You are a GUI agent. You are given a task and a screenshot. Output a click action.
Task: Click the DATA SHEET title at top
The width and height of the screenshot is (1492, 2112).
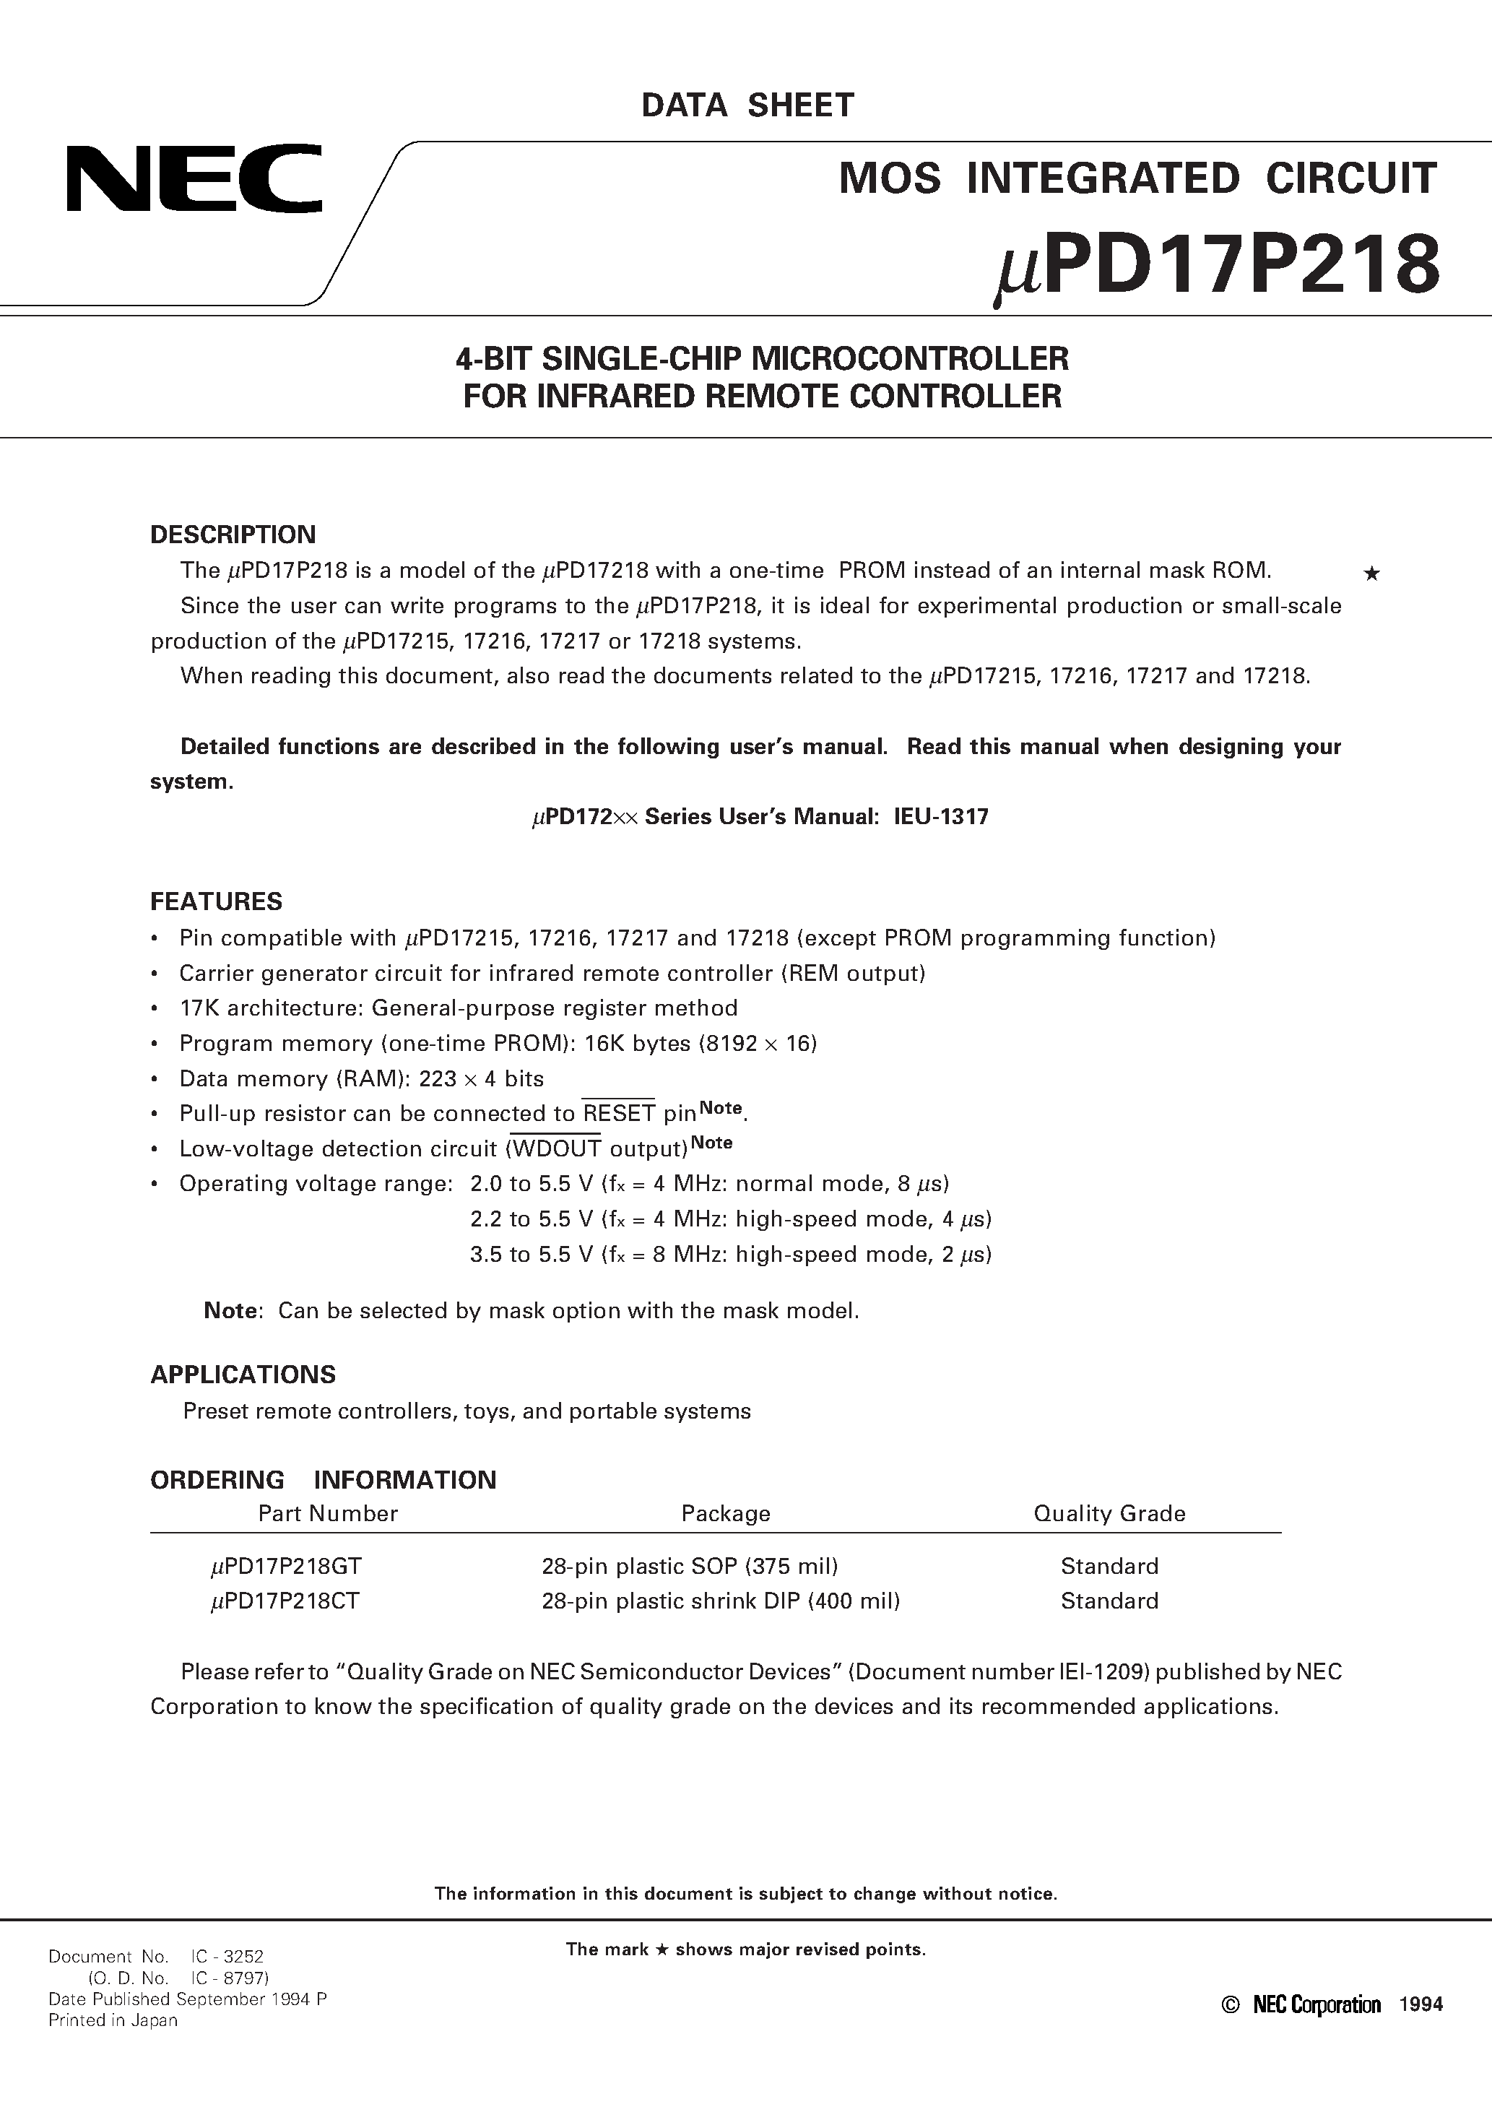pos(747,105)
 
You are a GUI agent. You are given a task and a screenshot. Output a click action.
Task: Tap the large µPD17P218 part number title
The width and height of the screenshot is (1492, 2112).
pos(1217,266)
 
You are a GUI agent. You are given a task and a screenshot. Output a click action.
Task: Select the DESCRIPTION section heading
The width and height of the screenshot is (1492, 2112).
pos(233,535)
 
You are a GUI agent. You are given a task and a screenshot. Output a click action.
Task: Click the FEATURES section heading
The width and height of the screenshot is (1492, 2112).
pos(216,901)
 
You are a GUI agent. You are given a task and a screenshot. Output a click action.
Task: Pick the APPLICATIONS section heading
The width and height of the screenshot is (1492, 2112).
pos(243,1375)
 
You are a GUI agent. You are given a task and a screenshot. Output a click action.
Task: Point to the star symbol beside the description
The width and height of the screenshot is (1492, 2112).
pos(1371,575)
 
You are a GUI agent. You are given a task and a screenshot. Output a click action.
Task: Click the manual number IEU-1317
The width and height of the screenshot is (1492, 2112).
pos(941,817)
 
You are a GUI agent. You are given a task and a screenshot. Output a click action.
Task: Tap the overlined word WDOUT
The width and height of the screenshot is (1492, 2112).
pos(557,1149)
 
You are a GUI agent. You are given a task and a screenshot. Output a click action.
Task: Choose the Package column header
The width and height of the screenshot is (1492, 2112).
pos(725,1513)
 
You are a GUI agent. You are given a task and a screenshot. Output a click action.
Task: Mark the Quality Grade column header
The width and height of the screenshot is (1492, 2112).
pos(1109,1513)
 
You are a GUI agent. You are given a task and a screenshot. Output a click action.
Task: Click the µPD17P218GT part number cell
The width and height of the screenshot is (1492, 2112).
pos(285,1567)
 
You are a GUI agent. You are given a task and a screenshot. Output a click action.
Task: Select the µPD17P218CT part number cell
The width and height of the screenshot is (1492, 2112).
pos(285,1601)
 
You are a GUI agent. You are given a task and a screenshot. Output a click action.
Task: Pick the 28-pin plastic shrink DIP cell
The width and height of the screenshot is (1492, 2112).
pos(720,1601)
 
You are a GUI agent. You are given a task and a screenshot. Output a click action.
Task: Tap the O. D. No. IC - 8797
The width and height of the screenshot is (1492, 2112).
pos(178,1978)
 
